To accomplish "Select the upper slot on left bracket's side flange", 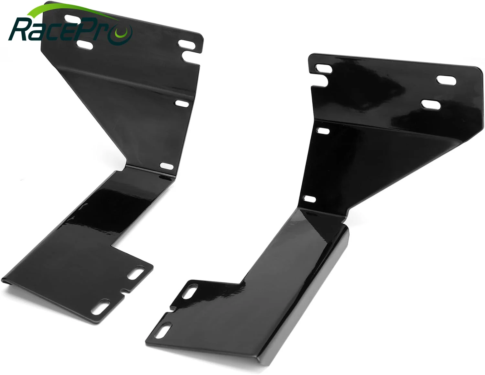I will (182, 104).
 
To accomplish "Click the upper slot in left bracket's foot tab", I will (136, 273).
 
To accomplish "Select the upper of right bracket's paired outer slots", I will (446, 80).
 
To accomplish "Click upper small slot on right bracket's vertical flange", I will (323, 131).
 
